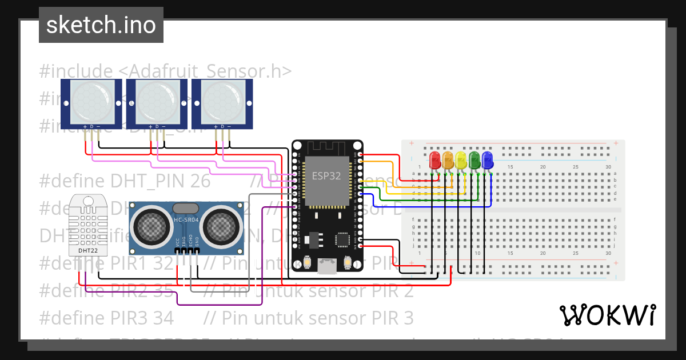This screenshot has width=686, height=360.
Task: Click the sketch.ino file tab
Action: pyautogui.click(x=101, y=25)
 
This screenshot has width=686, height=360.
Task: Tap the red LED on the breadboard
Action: pyautogui.click(x=434, y=159)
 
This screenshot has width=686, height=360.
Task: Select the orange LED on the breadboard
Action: pyautogui.click(x=448, y=159)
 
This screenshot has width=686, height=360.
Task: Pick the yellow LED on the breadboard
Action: pyautogui.click(x=461, y=159)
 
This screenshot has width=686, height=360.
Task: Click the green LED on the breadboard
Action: pyautogui.click(x=474, y=159)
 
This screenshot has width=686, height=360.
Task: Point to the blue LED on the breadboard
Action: pyautogui.click(x=487, y=159)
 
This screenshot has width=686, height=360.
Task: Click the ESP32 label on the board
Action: pyautogui.click(x=326, y=176)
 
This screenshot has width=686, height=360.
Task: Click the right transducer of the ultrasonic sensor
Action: pyautogui.click(x=221, y=227)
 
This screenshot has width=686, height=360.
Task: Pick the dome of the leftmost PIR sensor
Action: pyautogui.click(x=91, y=102)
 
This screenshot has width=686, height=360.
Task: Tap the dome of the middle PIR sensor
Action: pyautogui.click(x=157, y=102)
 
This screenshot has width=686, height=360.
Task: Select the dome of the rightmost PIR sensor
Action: pyautogui.click(x=222, y=102)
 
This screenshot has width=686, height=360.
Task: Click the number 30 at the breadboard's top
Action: pyautogui.click(x=608, y=167)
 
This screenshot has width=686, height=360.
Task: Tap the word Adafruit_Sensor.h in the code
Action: pyautogui.click(x=205, y=71)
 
